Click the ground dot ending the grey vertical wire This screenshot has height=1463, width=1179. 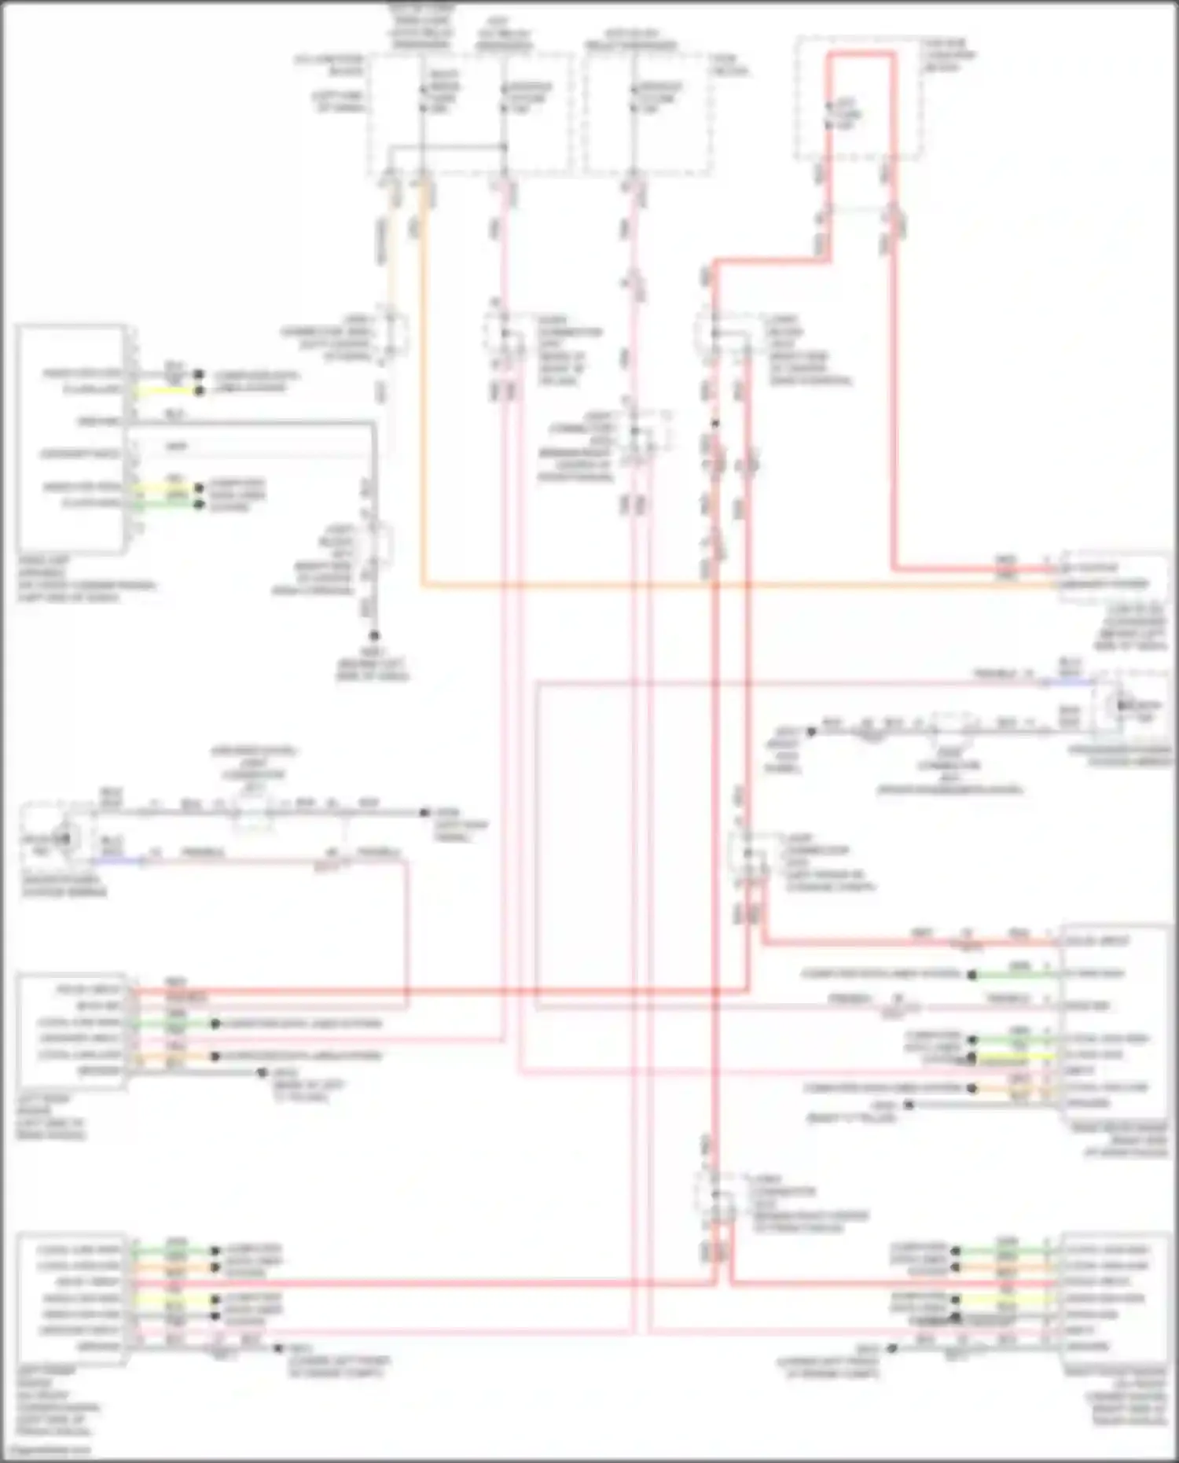(x=374, y=635)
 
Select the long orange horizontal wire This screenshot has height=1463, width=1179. (x=707, y=586)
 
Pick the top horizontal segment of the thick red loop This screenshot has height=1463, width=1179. (x=861, y=55)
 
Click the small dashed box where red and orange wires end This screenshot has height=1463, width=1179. (x=1112, y=576)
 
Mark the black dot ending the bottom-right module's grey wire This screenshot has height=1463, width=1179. (x=891, y=1347)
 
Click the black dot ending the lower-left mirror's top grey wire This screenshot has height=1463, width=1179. (x=424, y=812)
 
